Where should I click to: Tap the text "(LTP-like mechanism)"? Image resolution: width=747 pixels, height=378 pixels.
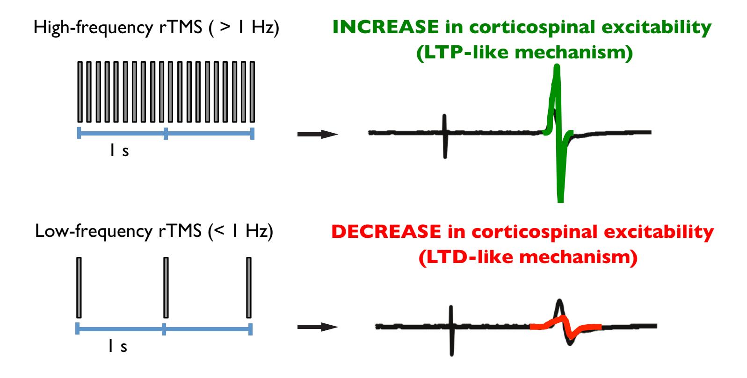524,53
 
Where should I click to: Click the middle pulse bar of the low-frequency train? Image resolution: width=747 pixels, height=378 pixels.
166,287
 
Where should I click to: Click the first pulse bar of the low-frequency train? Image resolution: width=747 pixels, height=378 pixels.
79,287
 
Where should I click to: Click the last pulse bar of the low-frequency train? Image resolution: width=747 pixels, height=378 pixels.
249,287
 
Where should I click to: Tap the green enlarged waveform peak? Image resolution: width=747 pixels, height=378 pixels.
556,75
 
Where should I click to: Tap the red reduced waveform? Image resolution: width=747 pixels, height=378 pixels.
566,326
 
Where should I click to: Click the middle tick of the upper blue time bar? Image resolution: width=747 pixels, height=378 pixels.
166,134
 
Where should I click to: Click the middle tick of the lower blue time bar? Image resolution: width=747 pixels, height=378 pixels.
164,329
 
